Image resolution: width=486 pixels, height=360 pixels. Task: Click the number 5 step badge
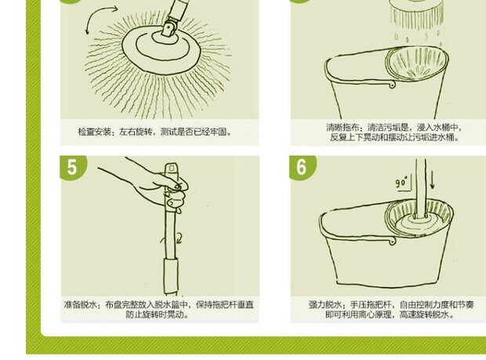coord(72,167)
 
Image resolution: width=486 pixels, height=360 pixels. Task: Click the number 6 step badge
coord(301,167)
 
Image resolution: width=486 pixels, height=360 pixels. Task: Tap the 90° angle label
coord(401,182)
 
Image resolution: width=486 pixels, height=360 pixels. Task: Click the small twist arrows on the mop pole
coord(171,239)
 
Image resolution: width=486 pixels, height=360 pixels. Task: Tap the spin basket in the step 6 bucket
coord(419,218)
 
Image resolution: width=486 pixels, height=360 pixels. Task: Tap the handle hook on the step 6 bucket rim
coord(393,241)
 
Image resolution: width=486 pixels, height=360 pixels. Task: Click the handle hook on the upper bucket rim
coord(392,84)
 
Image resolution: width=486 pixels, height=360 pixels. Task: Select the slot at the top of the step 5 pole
coord(172,168)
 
